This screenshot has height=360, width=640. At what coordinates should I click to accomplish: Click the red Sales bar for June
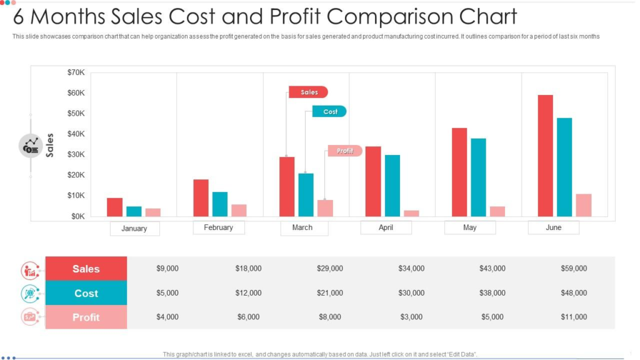pos(545,156)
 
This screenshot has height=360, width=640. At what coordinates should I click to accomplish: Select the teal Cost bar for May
pos(478,177)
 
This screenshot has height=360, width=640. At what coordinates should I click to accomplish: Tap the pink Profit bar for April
pos(411,213)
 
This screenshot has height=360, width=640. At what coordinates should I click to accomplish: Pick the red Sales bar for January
pos(114,207)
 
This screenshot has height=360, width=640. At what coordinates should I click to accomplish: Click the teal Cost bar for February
pos(220,204)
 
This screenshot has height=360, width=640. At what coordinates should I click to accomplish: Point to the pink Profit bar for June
pos(583,206)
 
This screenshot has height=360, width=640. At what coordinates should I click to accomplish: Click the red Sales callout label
pos(308,92)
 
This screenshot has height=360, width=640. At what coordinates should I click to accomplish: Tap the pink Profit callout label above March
pos(344,151)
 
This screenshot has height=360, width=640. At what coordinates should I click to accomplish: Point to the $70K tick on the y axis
pos(76,72)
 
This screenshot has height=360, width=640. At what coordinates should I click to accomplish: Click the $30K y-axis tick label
pos(76,154)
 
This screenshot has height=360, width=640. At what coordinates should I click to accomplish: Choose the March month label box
pos(302,227)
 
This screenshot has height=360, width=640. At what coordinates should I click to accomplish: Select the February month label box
pos(218,227)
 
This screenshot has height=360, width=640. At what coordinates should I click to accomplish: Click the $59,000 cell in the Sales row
pos(573,268)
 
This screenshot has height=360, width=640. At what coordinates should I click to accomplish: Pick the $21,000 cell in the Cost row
pos(329,292)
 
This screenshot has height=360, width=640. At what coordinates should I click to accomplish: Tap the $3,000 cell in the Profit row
pos(411,317)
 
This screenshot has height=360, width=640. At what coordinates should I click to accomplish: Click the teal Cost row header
pos(86,293)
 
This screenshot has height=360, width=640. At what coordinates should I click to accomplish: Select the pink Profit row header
pos(86,317)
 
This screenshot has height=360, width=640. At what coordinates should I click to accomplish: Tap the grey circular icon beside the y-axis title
pos(31,146)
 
